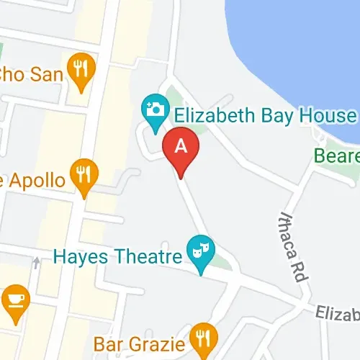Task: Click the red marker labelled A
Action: pyautogui.click(x=181, y=149)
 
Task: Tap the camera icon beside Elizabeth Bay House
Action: pyautogui.click(x=153, y=109)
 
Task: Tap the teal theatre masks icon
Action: pyautogui.click(x=199, y=252)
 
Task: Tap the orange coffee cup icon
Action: pyautogui.click(x=14, y=300)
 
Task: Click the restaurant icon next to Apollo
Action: pyautogui.click(x=85, y=176)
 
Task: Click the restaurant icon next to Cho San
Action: pyautogui.click(x=80, y=69)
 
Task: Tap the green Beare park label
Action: pyautogui.click(x=336, y=156)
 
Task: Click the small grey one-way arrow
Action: pyautogui.click(x=36, y=264)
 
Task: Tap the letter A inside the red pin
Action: pyautogui.click(x=181, y=146)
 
